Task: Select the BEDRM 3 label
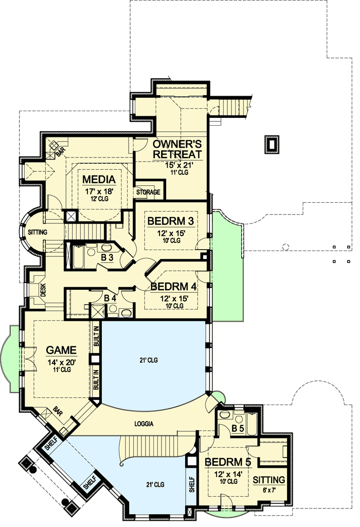(171, 221)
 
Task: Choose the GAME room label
(61, 350)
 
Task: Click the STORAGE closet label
(148, 192)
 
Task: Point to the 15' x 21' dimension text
(176, 165)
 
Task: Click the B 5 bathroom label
(237, 428)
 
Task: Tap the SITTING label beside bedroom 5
(269, 480)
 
